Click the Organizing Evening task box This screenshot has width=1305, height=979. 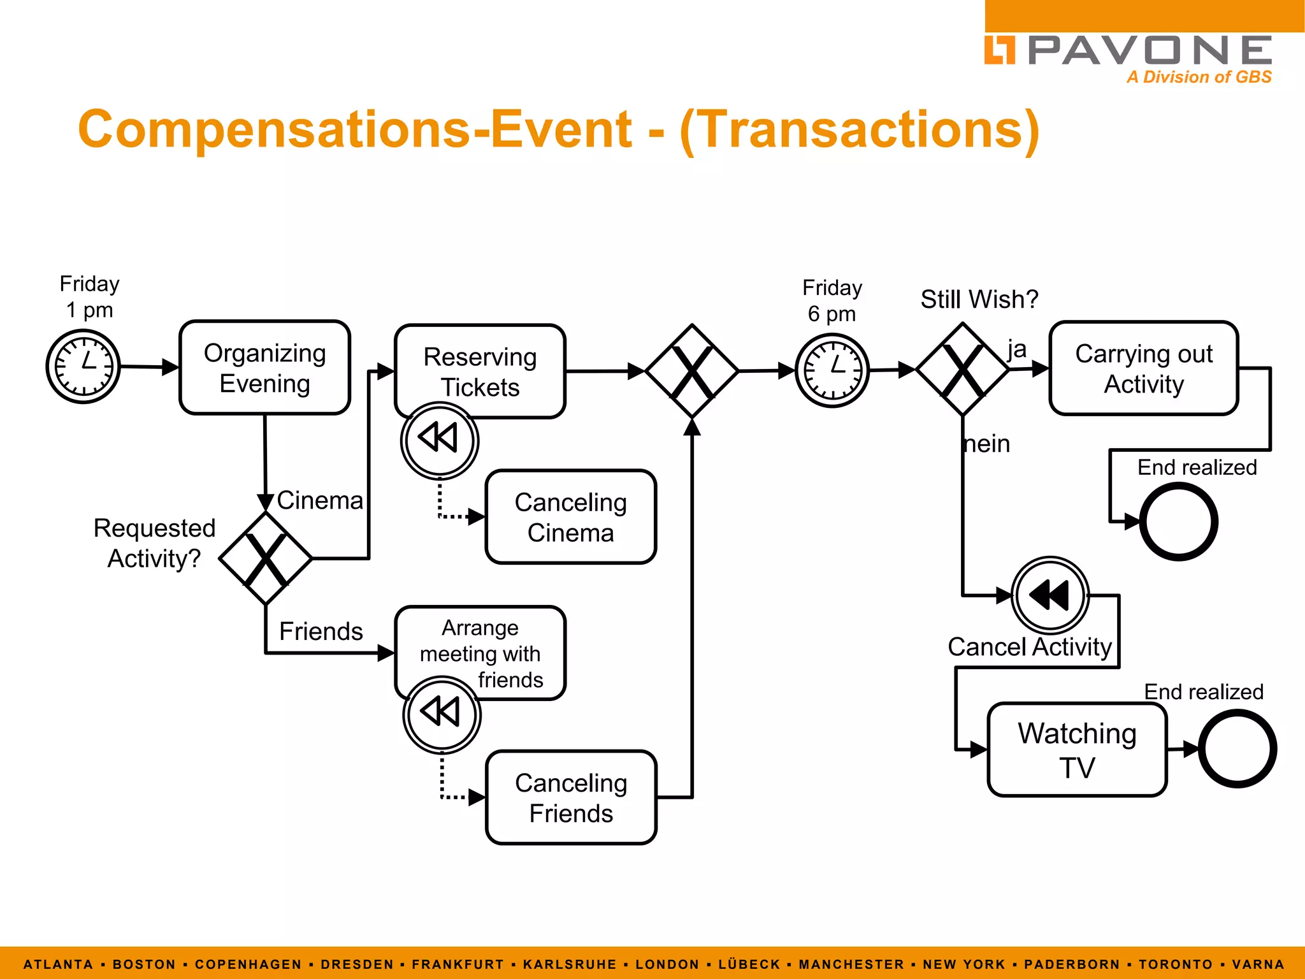coord(264,368)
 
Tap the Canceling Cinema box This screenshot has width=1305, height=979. coord(570,517)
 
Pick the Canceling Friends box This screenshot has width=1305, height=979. coord(571,797)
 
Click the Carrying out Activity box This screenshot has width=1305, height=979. coord(1143,368)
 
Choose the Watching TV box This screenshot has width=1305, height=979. coord(1077,750)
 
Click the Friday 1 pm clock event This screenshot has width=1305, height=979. coord(83,366)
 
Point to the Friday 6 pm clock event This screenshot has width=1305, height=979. coord(832,370)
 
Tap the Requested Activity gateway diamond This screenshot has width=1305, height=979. coord(266,558)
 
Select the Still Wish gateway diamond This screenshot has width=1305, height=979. coord(962,370)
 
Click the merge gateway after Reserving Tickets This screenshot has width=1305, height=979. coord(692,371)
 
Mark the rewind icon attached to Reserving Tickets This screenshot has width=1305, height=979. coord(439,440)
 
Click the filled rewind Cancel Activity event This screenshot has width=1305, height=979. coord(1050,595)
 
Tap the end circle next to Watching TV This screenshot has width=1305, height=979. coord(1237,749)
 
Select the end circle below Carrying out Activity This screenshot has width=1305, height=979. coord(1178,521)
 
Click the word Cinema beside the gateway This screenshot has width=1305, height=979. coord(320,500)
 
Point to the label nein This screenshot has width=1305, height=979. coord(987,444)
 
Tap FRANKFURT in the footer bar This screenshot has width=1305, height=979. coord(458,964)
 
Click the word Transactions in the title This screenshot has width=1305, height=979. coord(860,129)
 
